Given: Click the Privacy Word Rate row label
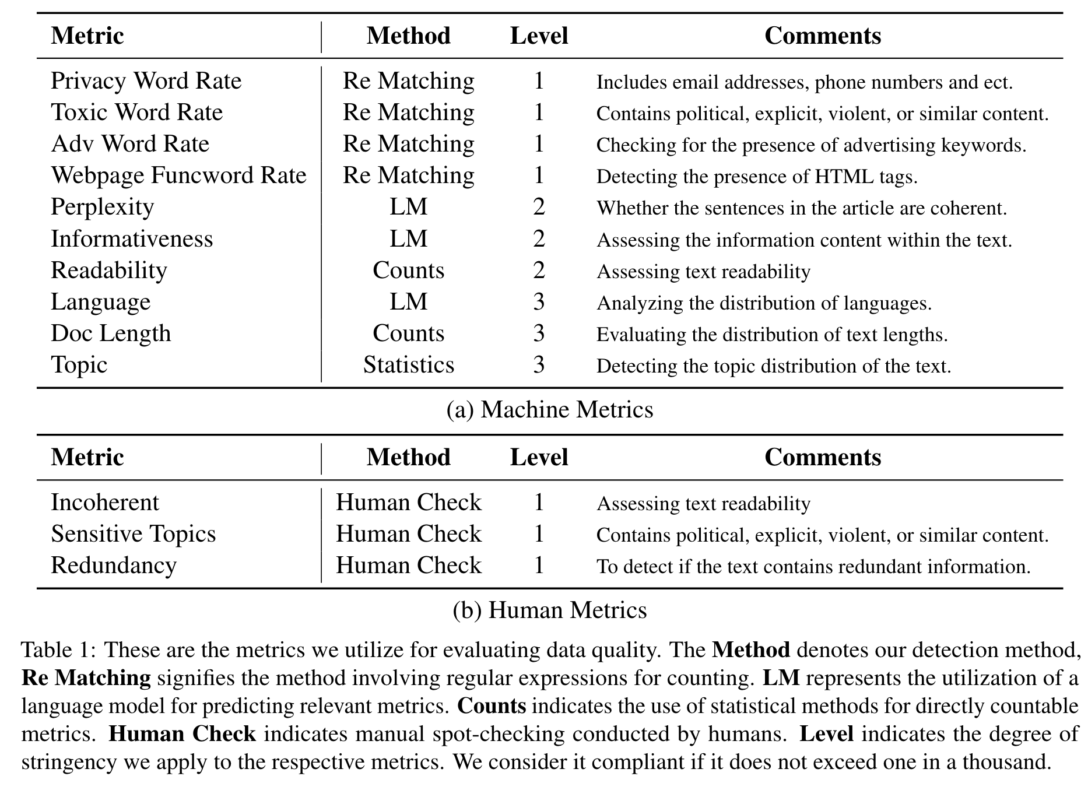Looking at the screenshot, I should tap(146, 81).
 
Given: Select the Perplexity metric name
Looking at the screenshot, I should tap(102, 207).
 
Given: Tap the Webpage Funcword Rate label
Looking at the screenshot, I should tap(178, 175).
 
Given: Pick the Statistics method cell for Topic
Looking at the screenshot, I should tap(408, 365).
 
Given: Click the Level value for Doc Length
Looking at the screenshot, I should tap(539, 333).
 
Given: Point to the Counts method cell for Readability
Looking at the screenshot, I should tap(408, 271).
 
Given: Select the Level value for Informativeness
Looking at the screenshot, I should tap(539, 239).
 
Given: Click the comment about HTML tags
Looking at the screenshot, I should tap(756, 177).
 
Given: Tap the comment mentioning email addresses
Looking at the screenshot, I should tap(804, 82).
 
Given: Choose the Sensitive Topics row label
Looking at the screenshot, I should tap(133, 534).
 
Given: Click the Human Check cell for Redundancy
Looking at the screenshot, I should tap(408, 566).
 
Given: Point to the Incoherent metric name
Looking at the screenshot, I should tap(104, 503).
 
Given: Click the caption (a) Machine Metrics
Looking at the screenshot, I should tap(549, 410).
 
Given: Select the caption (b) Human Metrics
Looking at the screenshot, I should tap(549, 610).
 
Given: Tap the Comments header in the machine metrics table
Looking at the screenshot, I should tap(822, 36).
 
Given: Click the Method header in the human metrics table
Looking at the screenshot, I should tap(408, 458).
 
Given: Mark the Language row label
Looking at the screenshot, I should tap(100, 302).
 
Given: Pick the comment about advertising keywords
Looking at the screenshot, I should tap(810, 145).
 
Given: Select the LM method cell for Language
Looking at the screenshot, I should tap(408, 302).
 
